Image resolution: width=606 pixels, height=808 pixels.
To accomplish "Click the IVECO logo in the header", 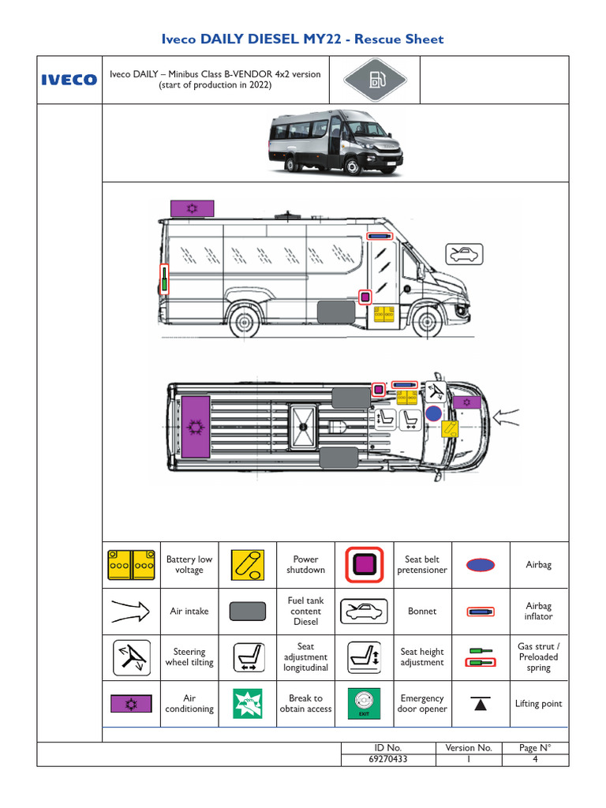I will [x=69, y=80].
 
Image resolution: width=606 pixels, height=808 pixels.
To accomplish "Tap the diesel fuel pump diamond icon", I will [x=376, y=80].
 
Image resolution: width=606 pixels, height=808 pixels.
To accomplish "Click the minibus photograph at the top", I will [x=335, y=143].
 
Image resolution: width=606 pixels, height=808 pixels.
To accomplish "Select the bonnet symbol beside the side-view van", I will [x=464, y=253].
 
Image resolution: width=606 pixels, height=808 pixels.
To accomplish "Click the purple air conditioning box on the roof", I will [x=192, y=208].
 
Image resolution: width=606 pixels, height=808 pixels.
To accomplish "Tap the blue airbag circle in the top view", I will [x=433, y=413].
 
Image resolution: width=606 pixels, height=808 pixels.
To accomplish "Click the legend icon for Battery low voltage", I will [x=131, y=565].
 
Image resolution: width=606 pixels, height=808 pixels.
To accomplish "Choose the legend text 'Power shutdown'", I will [x=305, y=565].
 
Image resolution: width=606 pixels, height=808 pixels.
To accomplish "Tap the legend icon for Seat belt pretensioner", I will [x=364, y=565].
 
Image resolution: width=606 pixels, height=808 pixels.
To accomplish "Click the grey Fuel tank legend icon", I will [x=247, y=612].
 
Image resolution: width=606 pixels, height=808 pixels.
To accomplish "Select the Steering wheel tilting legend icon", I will [x=131, y=657].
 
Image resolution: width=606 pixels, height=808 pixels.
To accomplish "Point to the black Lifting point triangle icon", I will [x=481, y=702].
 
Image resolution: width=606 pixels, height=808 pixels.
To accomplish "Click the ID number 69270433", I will [x=388, y=759].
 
